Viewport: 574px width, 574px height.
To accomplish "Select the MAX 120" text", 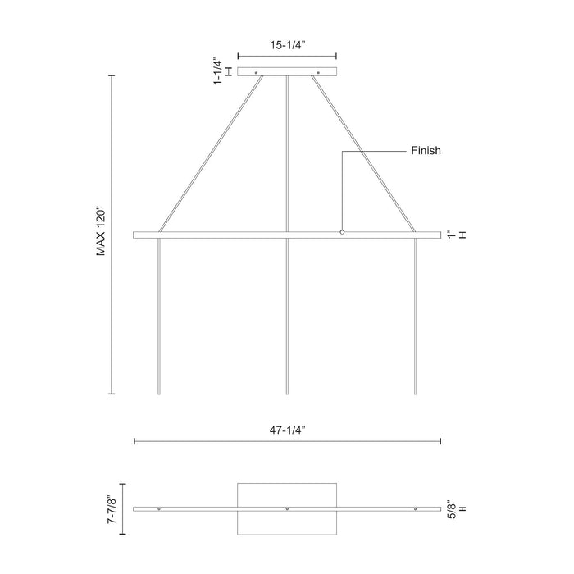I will coord(102,231).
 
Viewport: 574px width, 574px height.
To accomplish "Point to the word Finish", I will coord(426,151).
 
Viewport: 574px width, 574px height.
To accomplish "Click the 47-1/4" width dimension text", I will coord(286,428).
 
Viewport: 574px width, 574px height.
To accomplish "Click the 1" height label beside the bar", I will coord(451,235).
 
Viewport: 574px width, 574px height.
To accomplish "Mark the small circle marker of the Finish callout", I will coord(343,232).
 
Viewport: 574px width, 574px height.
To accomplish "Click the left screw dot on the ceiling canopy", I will coord(256,73).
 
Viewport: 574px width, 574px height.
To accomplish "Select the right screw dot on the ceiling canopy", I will coord(317,73).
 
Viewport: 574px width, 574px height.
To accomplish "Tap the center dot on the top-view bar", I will coord(287,509).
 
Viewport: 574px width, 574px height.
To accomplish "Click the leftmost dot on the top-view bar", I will coord(159,509).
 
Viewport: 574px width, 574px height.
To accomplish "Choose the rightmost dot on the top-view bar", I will coord(415,509).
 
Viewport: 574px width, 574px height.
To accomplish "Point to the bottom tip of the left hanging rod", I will coord(159,394).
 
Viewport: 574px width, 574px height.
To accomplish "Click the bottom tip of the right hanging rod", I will coord(415,394).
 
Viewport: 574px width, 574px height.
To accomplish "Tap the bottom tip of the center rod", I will coord(287,394).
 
